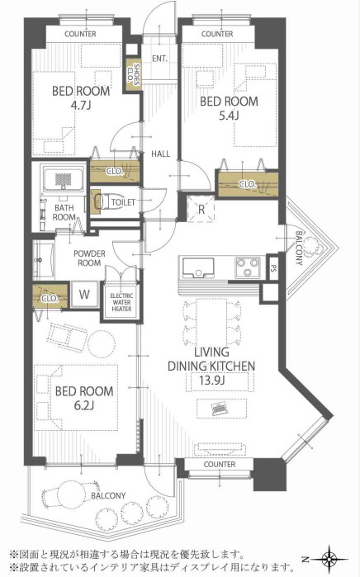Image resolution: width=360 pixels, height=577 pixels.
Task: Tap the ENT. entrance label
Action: [159, 59]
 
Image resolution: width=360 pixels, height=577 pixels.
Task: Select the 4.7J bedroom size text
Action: [81, 106]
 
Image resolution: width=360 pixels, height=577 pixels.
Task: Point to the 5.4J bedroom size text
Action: [229, 116]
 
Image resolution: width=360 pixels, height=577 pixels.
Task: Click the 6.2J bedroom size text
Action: [84, 406]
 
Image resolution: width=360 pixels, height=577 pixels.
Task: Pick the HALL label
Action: [160, 154]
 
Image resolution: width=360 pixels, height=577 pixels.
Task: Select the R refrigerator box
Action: [201, 209]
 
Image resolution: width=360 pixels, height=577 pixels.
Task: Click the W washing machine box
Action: [84, 295]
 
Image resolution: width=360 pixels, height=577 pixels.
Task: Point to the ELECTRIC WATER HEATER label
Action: [121, 302]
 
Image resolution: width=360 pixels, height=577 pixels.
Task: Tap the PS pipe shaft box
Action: [273, 267]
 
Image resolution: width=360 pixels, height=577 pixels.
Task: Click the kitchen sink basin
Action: [198, 267]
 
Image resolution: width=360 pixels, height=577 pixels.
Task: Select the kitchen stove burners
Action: [248, 267]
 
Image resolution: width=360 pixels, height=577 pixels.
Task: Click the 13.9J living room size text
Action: [211, 381]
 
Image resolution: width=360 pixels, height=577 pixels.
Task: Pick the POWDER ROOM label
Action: [89, 258]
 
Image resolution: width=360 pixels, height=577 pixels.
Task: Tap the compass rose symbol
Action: [329, 560]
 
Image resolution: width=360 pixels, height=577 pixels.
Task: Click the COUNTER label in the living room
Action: [220, 465]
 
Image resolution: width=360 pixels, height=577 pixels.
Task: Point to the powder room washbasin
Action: [44, 259]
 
